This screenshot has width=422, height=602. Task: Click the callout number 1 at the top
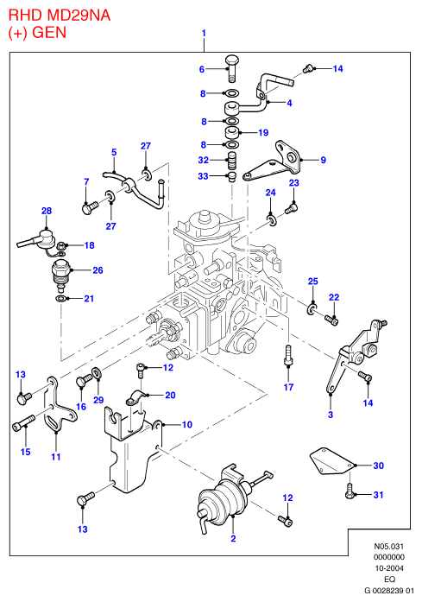coord(204,33)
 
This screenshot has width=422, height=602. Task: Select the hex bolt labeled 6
coord(231,69)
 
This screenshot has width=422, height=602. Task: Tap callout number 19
coord(263,132)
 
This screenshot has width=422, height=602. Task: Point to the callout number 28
coord(47,211)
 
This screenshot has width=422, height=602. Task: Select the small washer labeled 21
coord(60,299)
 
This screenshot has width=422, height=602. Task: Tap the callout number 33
coord(203,176)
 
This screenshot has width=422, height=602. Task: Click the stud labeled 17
coord(288,354)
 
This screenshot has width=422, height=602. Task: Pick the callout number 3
coord(331,415)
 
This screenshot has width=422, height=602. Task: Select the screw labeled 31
coord(350,491)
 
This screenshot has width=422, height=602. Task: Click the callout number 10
coord(186,424)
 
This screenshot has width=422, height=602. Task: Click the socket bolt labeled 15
coord(23,422)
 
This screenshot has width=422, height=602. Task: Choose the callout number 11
coord(56,457)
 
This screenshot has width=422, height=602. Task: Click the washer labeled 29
coord(97,373)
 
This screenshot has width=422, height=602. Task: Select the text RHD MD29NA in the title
coord(60,15)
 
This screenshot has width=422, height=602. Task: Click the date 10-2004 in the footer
coord(389,568)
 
